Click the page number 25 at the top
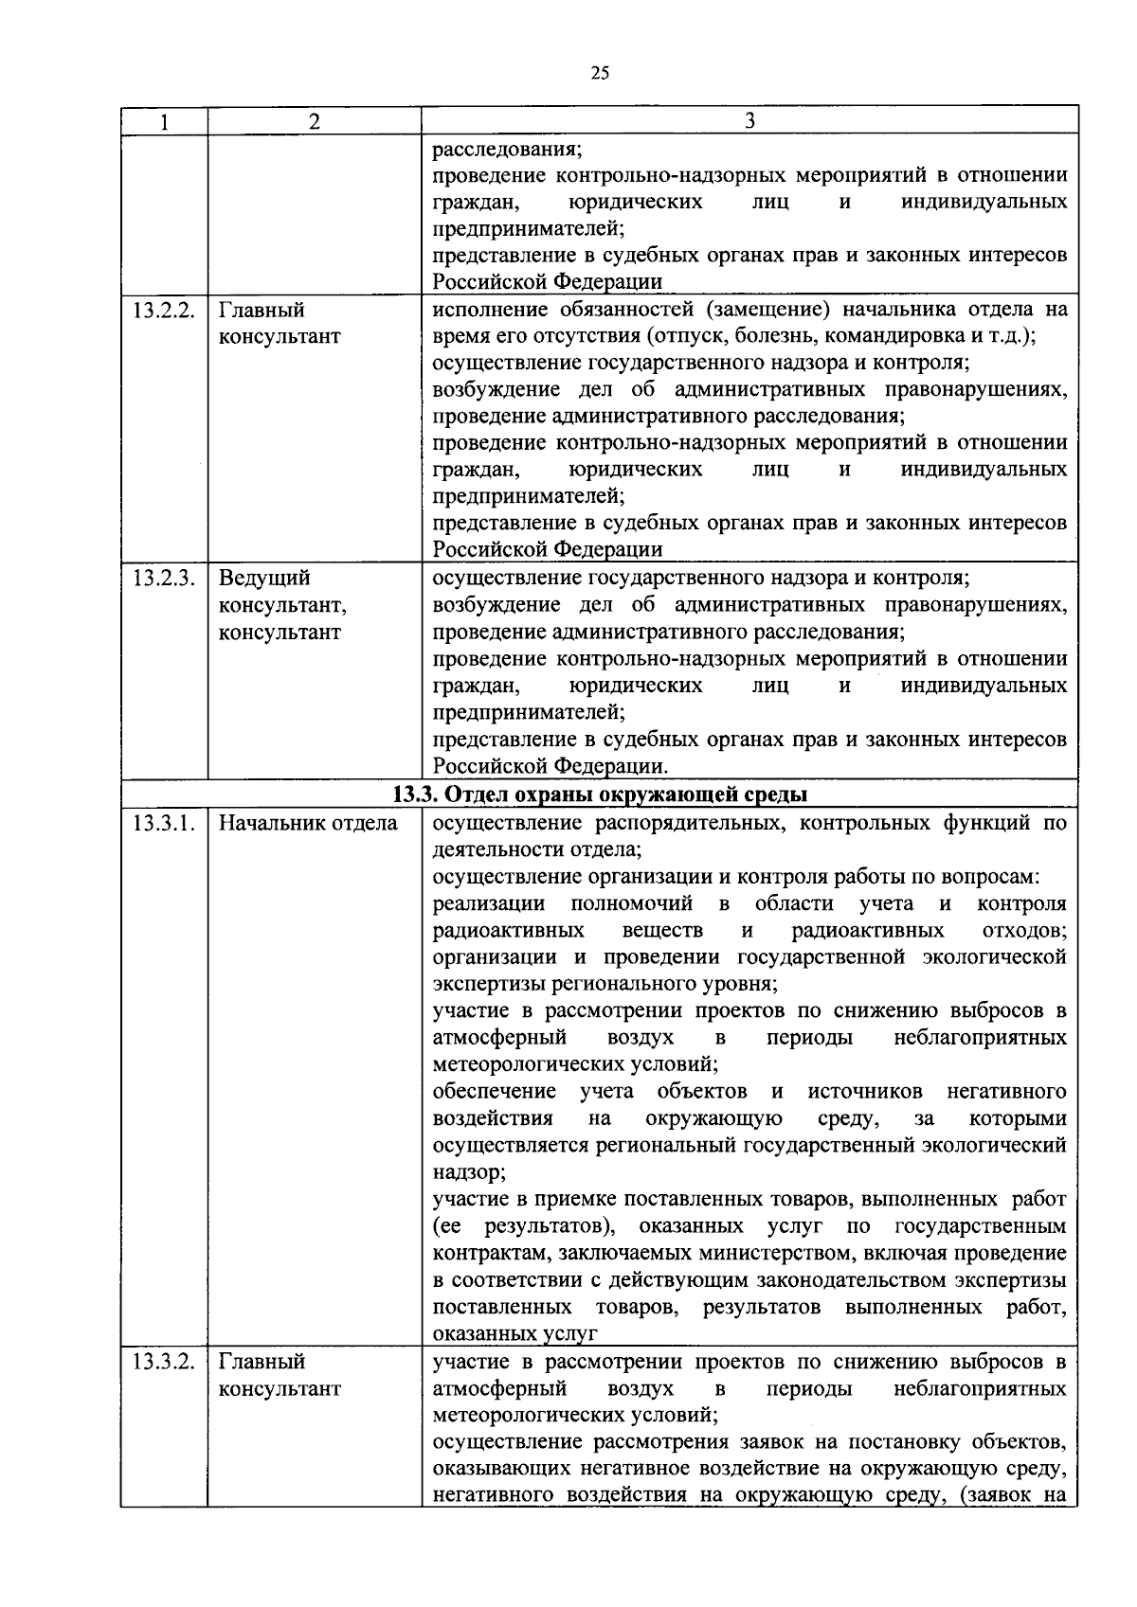pyautogui.click(x=599, y=74)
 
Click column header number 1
pyautogui.click(x=164, y=121)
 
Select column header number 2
pyautogui.click(x=315, y=121)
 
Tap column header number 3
pyautogui.click(x=749, y=121)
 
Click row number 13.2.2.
pyautogui.click(x=163, y=311)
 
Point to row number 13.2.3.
pyautogui.click(x=163, y=579)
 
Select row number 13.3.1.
pyautogui.click(x=163, y=824)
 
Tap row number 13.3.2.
pyautogui.click(x=163, y=1363)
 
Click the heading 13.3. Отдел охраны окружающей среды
pyautogui.click(x=600, y=795)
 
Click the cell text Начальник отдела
pyautogui.click(x=308, y=824)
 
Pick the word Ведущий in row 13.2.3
pyautogui.click(x=264, y=579)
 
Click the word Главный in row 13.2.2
pyautogui.click(x=262, y=311)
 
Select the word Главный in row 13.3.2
pyautogui.click(x=262, y=1363)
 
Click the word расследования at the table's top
pyautogui.click(x=507, y=150)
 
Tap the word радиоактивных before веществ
pyautogui.click(x=508, y=931)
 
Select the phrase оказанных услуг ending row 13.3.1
pyautogui.click(x=515, y=1334)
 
